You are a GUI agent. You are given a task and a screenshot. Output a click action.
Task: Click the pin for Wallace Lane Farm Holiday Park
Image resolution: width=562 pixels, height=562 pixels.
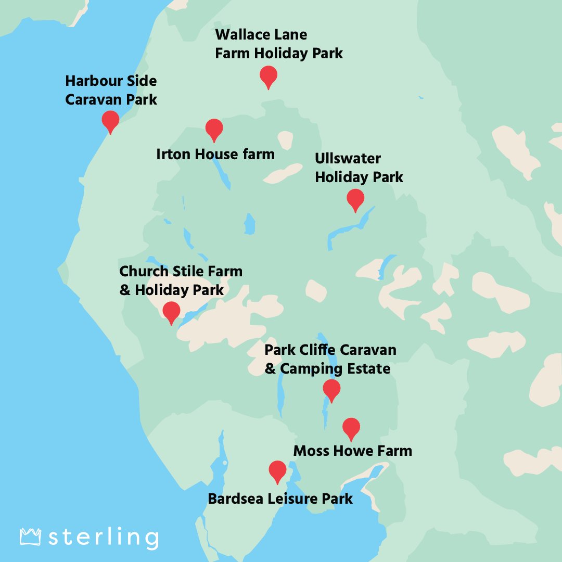269,76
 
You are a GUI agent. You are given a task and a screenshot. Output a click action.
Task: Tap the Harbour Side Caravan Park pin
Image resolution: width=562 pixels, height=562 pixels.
110,120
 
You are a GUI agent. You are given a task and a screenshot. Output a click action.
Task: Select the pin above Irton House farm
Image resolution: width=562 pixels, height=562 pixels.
214,129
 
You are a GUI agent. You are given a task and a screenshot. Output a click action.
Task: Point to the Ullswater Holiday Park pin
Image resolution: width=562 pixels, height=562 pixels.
355,199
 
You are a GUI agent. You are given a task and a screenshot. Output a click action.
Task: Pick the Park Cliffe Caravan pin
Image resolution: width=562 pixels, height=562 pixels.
331,389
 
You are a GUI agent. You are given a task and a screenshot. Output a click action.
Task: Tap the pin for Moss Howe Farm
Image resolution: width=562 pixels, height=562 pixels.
351,428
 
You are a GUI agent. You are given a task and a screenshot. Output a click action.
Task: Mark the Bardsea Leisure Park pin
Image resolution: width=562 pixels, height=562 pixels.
277,471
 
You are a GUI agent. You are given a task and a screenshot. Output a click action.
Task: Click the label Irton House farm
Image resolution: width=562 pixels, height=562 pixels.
215,154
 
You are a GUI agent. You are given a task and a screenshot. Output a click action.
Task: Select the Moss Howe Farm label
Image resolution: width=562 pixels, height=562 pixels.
353,451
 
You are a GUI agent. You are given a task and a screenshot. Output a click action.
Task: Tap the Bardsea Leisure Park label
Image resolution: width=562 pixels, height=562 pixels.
280,499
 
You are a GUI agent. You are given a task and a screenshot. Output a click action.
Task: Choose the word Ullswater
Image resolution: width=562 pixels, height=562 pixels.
348,159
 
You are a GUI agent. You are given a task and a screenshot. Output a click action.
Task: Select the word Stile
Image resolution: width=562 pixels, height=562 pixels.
188,271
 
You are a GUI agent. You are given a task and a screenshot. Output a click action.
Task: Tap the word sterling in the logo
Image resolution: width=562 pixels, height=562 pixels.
104,538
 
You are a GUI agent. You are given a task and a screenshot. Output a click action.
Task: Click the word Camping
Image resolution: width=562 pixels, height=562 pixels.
309,369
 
